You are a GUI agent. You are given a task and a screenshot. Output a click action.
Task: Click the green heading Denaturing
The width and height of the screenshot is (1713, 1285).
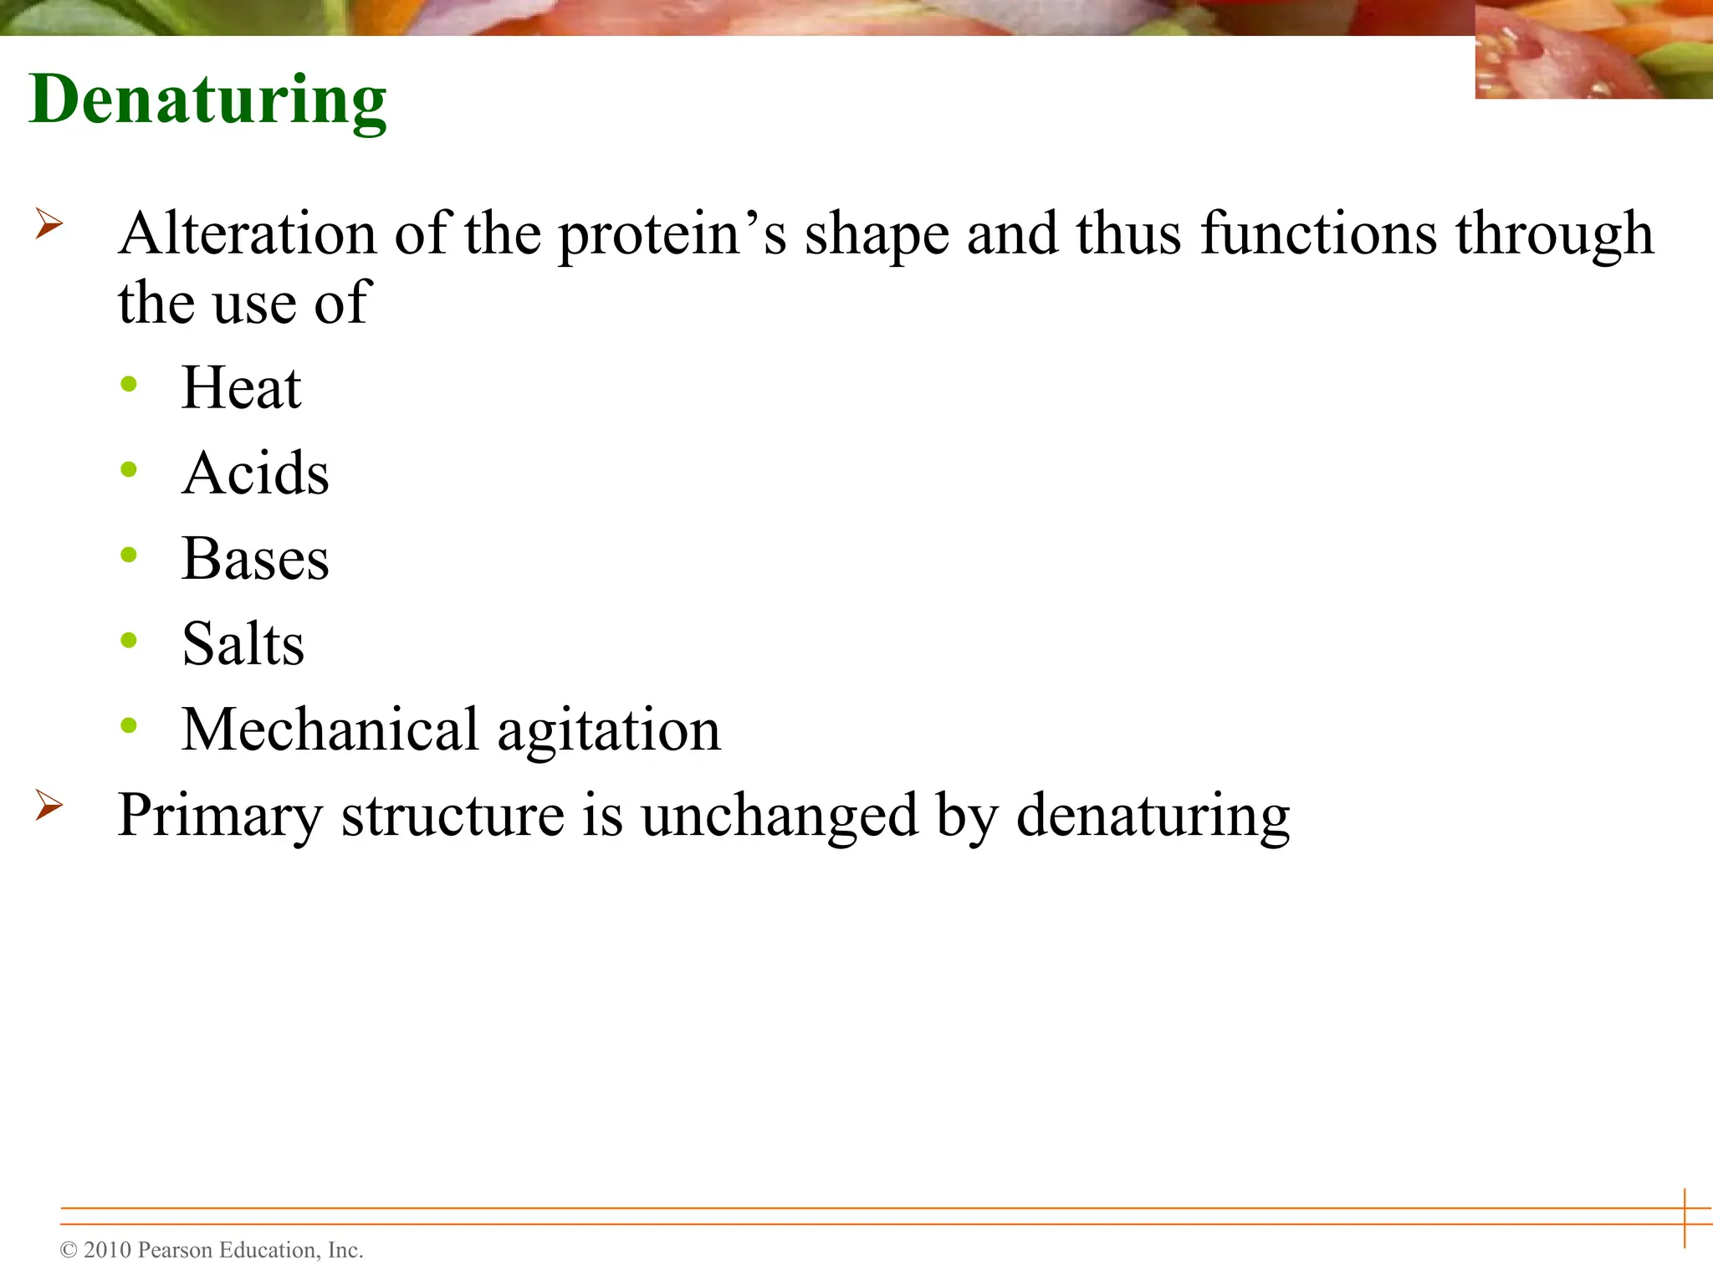(x=207, y=100)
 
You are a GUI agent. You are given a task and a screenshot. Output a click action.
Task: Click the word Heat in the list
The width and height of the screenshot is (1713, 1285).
(x=241, y=389)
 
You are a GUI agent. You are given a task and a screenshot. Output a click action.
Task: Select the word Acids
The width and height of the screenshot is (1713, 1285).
(x=255, y=474)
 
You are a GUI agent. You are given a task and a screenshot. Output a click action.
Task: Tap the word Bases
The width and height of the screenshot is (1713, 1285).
(x=255, y=560)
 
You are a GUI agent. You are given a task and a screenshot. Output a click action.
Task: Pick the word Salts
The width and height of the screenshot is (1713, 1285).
(x=243, y=645)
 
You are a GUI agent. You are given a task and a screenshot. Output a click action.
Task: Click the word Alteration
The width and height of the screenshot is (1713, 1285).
(x=248, y=233)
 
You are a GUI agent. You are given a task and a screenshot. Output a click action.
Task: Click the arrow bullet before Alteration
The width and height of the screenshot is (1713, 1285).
(x=49, y=224)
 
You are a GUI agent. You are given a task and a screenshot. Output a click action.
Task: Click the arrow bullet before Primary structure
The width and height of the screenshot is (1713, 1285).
(x=49, y=806)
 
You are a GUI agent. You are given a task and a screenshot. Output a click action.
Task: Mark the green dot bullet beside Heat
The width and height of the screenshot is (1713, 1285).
(x=129, y=385)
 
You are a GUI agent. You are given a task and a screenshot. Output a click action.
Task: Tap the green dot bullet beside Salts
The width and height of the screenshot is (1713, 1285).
(x=129, y=641)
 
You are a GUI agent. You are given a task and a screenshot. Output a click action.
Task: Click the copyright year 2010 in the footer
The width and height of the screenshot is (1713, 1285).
(x=108, y=1251)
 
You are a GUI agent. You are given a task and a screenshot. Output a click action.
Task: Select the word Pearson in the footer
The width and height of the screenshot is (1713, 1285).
(x=175, y=1251)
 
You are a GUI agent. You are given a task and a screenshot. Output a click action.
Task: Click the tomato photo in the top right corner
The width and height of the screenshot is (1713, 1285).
(x=1593, y=50)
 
